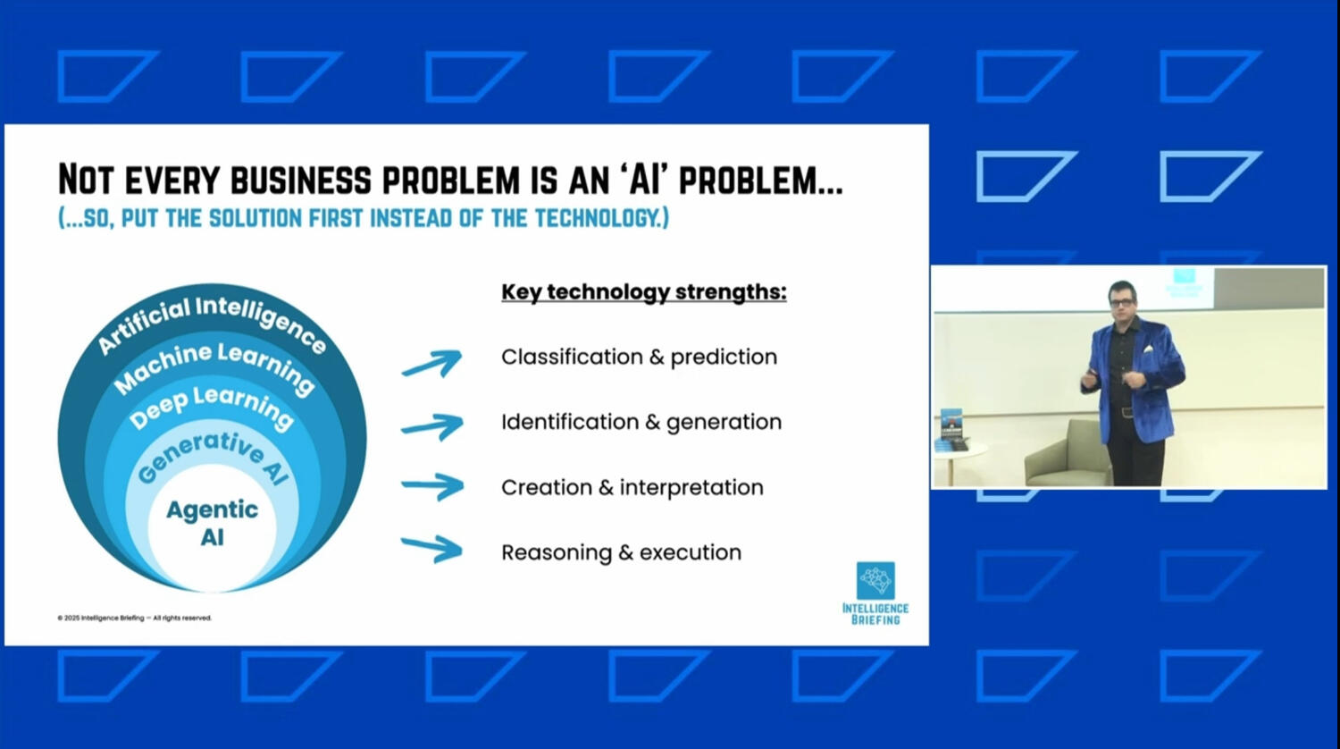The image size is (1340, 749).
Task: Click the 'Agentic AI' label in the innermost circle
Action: tap(212, 523)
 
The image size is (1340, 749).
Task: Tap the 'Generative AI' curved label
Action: tap(214, 455)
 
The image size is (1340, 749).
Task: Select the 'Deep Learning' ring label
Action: tap(212, 406)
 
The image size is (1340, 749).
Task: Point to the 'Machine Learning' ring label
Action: tap(214, 366)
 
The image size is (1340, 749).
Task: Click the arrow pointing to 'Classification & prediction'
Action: tap(431, 363)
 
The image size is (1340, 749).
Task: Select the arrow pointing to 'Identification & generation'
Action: tap(431, 426)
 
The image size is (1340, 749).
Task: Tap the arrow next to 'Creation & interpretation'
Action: tap(431, 487)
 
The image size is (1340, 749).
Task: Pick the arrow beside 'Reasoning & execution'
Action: tap(431, 548)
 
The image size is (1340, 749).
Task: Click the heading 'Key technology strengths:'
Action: tap(643, 292)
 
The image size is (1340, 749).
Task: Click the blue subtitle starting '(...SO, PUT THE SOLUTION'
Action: tap(363, 218)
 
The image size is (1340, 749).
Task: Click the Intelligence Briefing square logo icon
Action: tap(875, 580)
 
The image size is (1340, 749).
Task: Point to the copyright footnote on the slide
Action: tap(134, 618)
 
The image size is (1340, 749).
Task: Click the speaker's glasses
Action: tap(1121, 303)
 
